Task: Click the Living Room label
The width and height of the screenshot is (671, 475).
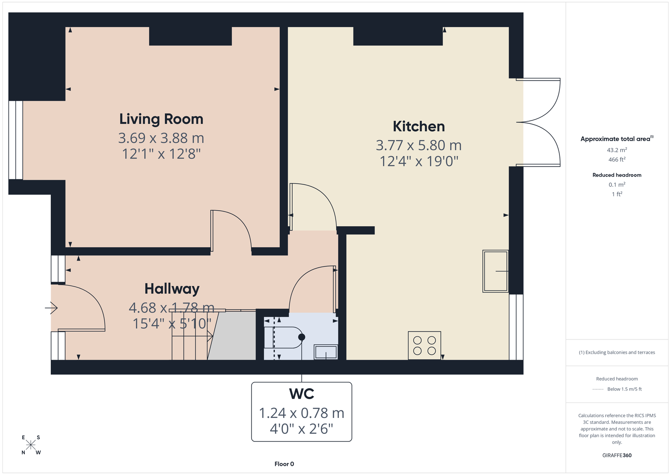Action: (161, 119)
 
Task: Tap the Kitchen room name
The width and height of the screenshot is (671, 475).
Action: (419, 126)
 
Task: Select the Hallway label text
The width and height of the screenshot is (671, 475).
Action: (172, 289)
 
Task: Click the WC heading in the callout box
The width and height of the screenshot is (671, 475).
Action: (302, 394)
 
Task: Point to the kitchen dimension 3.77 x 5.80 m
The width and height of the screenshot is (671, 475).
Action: (419, 145)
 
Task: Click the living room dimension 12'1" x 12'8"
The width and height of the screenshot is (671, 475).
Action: (161, 154)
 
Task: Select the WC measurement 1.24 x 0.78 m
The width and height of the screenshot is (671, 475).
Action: (302, 413)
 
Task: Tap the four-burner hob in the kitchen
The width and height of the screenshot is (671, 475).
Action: (424, 345)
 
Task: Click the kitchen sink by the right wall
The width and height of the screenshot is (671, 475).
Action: (495, 271)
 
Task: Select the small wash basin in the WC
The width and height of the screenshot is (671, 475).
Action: (325, 352)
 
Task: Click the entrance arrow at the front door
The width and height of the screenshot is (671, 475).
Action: (51, 308)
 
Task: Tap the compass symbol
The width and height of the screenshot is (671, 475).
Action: (31, 445)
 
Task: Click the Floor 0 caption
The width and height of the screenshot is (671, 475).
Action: (284, 464)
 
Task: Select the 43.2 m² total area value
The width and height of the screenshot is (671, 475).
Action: (617, 150)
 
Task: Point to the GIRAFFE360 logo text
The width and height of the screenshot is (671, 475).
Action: (617, 455)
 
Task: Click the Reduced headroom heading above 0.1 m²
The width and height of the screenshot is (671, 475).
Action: (617, 175)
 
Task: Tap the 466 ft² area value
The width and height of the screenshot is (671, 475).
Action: (617, 159)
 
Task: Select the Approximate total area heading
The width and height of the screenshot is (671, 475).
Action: (617, 139)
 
